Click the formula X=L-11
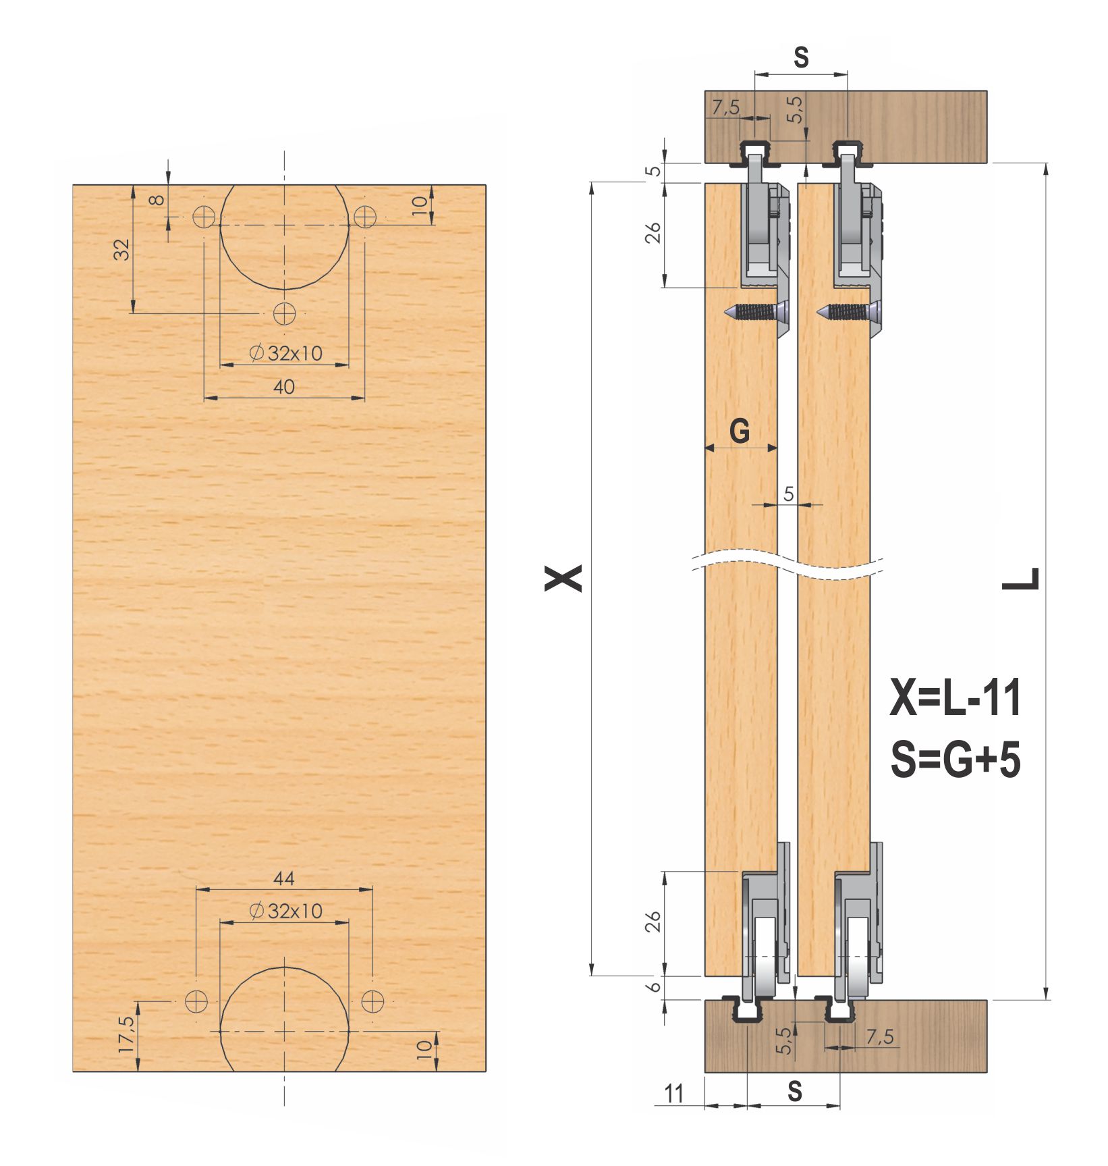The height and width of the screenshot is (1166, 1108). tap(955, 697)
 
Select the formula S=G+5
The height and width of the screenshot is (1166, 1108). tap(955, 759)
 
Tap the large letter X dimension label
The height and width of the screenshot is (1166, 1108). tap(563, 579)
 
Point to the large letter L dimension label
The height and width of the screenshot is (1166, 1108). tap(1020, 579)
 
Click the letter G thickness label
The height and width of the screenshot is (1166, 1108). tap(740, 430)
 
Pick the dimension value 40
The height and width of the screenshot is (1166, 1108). tap(284, 387)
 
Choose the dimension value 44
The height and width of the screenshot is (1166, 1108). tap(284, 878)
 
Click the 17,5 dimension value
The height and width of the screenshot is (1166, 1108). tap(127, 1034)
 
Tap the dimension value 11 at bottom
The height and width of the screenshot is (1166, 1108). tap(674, 1093)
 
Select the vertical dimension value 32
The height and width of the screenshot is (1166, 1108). tap(121, 250)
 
